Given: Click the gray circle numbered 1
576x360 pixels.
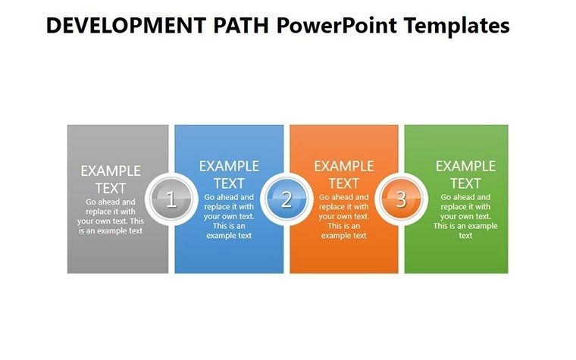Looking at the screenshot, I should [x=171, y=199].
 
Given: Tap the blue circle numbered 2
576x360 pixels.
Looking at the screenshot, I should [x=286, y=199].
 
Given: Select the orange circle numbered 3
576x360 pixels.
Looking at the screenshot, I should [x=401, y=199].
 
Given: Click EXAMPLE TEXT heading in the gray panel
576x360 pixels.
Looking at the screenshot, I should [x=111, y=179].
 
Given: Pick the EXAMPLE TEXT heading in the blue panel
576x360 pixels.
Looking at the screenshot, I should [x=229, y=174].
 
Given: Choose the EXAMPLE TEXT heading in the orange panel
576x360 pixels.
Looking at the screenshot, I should [x=343, y=174].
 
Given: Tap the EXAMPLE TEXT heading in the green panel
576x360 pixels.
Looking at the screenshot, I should [x=465, y=174].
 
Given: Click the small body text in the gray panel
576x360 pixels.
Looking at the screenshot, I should [x=111, y=216].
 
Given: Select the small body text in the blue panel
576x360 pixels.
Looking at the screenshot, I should [x=229, y=216].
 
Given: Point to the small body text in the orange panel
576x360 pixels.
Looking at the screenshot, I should [x=343, y=216].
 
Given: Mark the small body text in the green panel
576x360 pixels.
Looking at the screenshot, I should [x=465, y=216].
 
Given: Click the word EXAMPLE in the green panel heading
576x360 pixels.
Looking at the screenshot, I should [x=465, y=166].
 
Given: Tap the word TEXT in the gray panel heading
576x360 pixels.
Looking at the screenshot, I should [x=111, y=188].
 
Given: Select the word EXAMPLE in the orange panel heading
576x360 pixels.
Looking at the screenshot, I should [x=343, y=166].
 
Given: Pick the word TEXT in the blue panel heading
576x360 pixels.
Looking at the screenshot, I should [x=229, y=183].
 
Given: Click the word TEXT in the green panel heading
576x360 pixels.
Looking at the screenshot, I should [x=465, y=183].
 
